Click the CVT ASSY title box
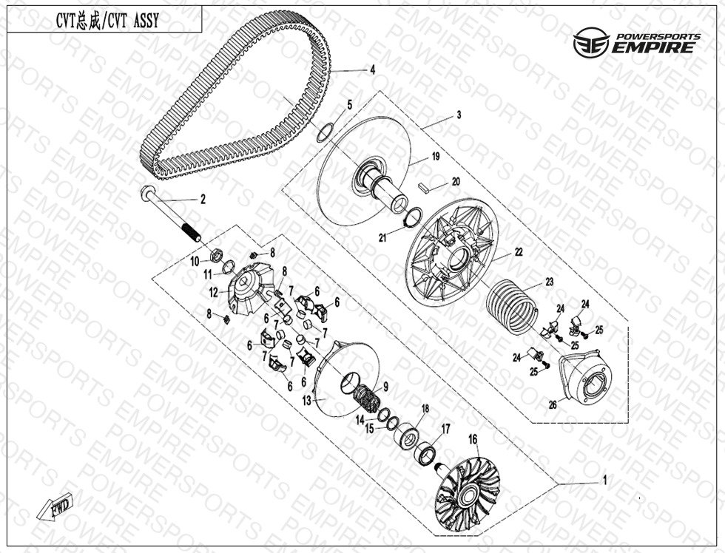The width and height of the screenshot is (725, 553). tap(104, 20)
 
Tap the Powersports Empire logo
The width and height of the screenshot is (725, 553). tap(637, 42)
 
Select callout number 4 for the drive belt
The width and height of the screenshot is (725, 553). tap(372, 70)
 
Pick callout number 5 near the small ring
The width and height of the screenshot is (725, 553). tap(349, 105)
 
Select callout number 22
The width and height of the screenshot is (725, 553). tap(519, 252)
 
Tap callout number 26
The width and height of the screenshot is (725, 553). tap(553, 405)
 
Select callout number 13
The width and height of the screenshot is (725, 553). tap(307, 401)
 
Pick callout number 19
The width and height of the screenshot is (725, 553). tap(436, 157)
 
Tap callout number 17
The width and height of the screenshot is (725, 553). tap(445, 430)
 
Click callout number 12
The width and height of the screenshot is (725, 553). tap(213, 293)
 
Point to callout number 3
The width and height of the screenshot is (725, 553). tap(459, 115)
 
